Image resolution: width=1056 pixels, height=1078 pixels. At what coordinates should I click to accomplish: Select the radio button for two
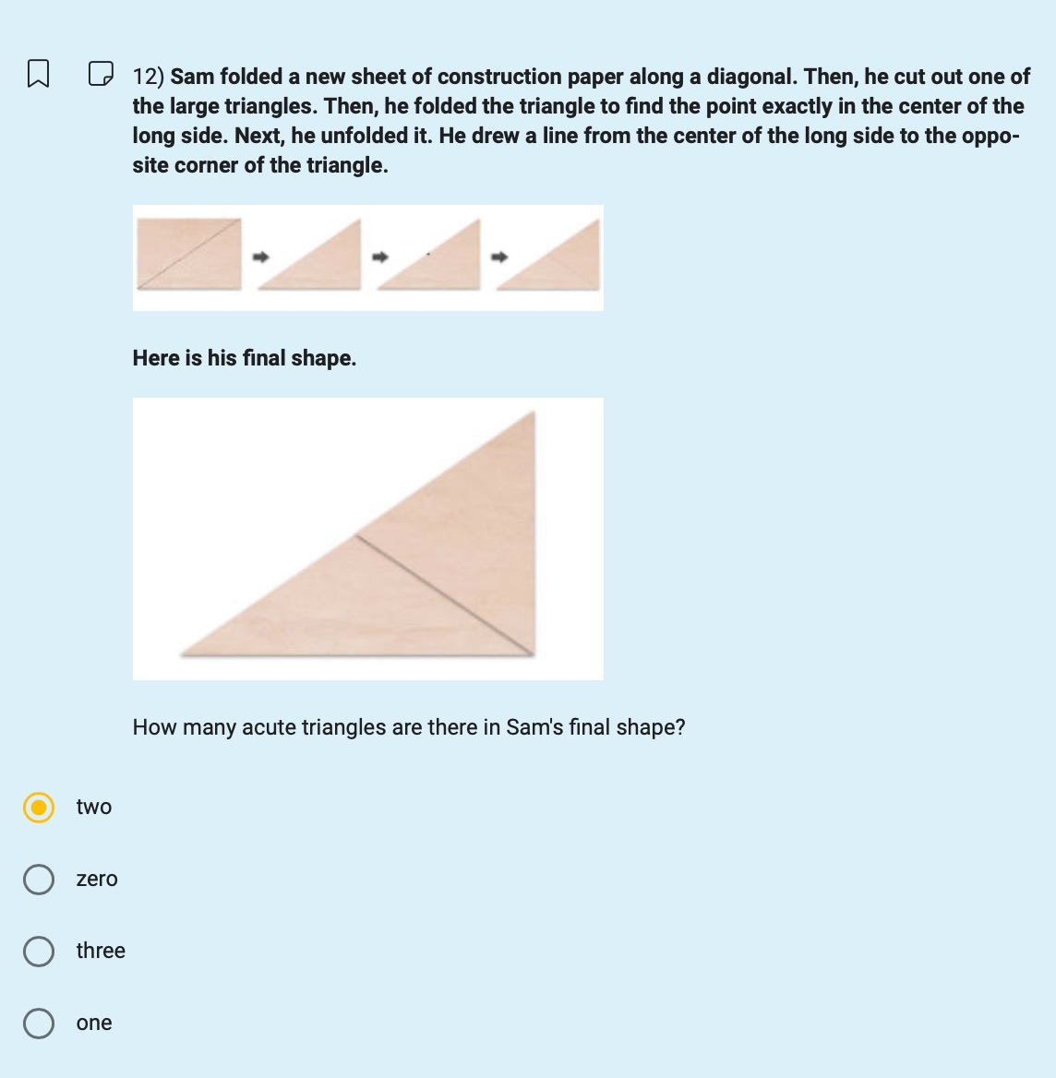click(38, 808)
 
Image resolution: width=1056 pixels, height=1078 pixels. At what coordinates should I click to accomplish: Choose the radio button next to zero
click(38, 880)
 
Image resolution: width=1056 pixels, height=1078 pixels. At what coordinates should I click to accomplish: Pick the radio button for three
click(38, 952)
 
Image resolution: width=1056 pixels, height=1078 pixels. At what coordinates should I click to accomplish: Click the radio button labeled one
click(38, 1024)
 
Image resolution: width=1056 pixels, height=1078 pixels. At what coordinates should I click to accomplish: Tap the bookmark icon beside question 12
click(38, 73)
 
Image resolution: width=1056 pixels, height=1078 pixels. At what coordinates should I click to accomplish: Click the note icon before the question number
click(101, 73)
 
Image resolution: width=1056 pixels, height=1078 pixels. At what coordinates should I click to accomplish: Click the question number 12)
click(148, 77)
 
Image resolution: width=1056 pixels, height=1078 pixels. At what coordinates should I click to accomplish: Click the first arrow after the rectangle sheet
click(261, 257)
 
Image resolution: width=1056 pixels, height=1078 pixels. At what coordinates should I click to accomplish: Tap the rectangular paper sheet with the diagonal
click(188, 254)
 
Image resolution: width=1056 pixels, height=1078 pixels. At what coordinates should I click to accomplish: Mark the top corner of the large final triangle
click(533, 414)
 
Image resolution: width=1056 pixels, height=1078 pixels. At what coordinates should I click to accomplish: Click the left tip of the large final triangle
click(185, 653)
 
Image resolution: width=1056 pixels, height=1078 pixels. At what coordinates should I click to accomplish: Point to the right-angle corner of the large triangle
click(533, 653)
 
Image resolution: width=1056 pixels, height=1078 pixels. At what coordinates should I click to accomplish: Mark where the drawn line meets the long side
click(356, 534)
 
